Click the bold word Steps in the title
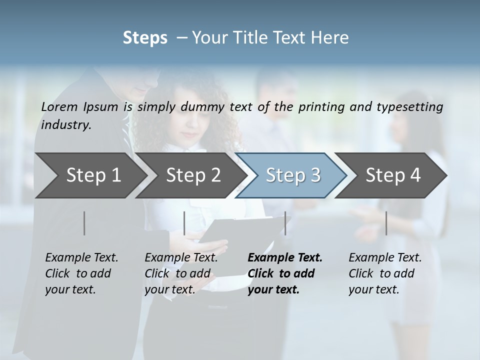[x=145, y=38]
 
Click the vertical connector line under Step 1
[x=84, y=223]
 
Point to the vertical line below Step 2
[x=184, y=223]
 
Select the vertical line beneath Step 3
[x=285, y=223]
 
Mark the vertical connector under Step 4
[x=386, y=223]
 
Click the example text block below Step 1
[x=81, y=273]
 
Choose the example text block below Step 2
[x=181, y=273]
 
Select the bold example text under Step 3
[x=285, y=273]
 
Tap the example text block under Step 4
[x=385, y=273]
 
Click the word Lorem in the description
[x=57, y=106]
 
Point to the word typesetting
[x=413, y=107]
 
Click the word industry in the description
[x=66, y=125]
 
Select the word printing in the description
[x=320, y=107]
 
